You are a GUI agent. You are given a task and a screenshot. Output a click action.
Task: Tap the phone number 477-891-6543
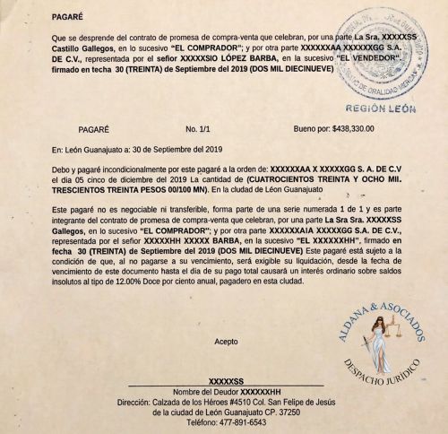(x=242, y=423)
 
